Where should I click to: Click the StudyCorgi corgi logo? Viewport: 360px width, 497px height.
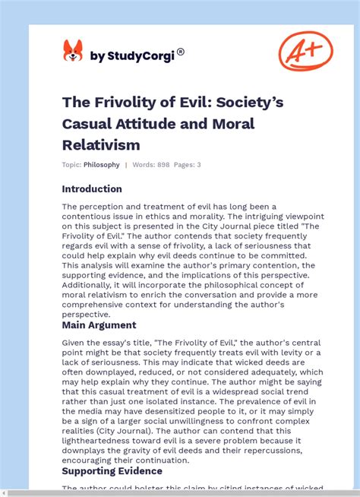point(73,51)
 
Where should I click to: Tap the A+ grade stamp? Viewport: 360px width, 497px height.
point(305,52)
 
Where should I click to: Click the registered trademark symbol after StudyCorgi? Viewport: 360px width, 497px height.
point(181,52)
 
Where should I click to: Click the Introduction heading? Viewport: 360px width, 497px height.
point(92,189)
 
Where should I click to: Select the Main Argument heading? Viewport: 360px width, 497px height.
point(99,325)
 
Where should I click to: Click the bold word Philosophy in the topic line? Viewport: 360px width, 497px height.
point(102,165)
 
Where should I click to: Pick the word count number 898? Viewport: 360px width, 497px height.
point(166,165)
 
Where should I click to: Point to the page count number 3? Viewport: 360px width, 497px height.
point(198,165)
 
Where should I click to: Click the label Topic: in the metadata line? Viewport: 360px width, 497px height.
point(71,165)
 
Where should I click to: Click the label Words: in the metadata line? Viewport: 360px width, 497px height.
point(145,165)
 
